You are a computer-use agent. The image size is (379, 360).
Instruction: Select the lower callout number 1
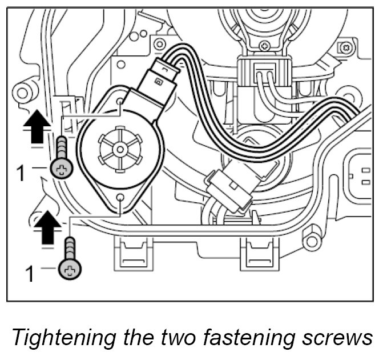[28, 274]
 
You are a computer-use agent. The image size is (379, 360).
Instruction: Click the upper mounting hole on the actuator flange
[120, 101]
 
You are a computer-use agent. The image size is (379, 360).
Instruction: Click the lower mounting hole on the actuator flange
[121, 197]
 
